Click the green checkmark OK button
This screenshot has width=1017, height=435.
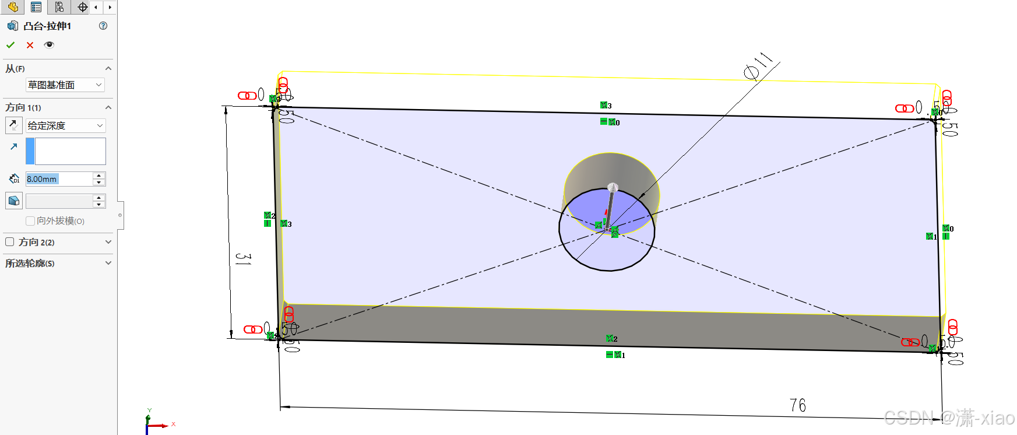pos(10,45)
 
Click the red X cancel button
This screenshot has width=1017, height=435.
pos(30,45)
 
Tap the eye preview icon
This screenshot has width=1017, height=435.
pos(49,45)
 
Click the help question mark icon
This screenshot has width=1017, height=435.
pos(103,26)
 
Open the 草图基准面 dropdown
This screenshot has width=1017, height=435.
pos(65,85)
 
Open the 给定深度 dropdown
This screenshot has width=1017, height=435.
pos(65,125)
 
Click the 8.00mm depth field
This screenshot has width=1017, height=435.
pos(58,179)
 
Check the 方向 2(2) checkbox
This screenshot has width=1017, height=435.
pos(10,242)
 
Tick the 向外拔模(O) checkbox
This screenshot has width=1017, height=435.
pos(30,221)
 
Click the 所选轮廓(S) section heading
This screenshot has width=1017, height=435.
pos(30,264)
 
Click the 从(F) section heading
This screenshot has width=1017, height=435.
pos(16,69)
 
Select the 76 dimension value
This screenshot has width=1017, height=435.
pos(797,405)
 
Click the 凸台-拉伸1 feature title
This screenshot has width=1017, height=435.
pos(47,26)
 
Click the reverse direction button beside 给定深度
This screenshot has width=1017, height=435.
pos(13,125)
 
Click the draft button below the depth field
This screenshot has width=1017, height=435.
pos(14,201)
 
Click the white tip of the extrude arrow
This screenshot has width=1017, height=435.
pos(613,187)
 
